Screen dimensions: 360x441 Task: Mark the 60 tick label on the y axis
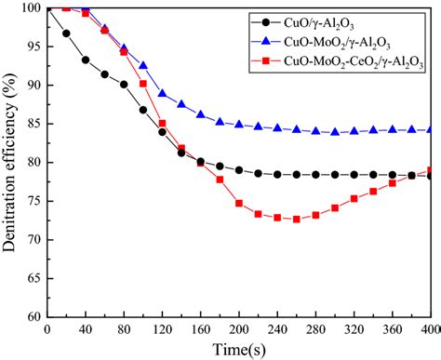tap(35, 316)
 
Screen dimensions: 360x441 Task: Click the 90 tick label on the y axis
tap(35, 86)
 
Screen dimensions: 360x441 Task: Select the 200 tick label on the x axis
tap(239, 329)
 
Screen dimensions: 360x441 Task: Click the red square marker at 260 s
tap(297, 220)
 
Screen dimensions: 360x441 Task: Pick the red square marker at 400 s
tap(430, 170)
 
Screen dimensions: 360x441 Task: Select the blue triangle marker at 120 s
tap(163, 94)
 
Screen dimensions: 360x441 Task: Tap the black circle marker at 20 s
tap(67, 33)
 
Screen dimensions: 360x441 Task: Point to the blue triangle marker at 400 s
tap(430, 130)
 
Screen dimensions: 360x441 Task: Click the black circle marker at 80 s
tap(125, 85)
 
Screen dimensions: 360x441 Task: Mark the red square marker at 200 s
tap(239, 203)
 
